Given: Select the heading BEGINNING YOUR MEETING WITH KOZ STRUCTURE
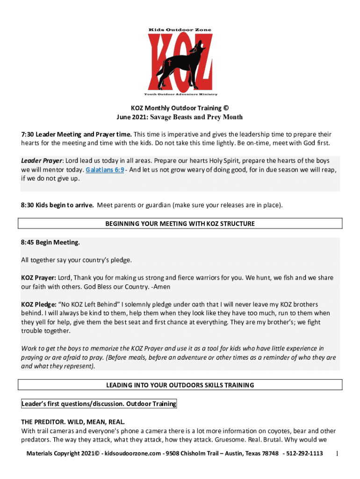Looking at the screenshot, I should tap(180, 224).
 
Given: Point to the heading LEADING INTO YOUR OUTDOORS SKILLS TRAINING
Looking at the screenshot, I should tap(180, 385).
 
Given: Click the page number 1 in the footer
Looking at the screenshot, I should tap(337, 454).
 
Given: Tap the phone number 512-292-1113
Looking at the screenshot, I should tap(304, 454).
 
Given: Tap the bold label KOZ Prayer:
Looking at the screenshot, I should tap(39, 277).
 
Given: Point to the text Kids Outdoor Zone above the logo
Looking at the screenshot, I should tap(180, 30).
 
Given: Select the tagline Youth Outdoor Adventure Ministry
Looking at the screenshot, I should tap(180, 94).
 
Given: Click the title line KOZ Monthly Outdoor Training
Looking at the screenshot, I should tap(180, 108).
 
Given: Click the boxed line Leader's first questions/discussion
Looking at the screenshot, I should tap(99, 404).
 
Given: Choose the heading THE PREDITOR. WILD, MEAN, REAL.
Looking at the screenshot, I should tap(72, 421).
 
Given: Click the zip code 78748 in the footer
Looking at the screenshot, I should tap(270, 454).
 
